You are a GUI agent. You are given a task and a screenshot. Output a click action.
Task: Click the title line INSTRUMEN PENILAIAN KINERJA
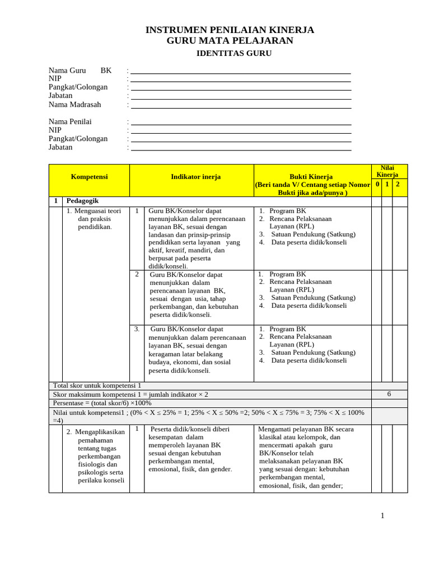coord(230,30)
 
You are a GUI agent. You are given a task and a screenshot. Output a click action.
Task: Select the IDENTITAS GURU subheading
coord(233,53)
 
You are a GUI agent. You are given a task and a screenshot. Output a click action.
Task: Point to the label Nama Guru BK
coord(80,71)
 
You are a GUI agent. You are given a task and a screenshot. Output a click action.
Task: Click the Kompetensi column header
coord(89,177)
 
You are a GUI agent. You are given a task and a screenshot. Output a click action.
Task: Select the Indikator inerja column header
coord(195,177)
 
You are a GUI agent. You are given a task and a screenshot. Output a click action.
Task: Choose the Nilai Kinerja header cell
coord(387,171)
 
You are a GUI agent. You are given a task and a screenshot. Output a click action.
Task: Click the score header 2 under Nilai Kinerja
coord(398,184)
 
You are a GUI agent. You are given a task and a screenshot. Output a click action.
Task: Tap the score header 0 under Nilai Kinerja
coord(377,184)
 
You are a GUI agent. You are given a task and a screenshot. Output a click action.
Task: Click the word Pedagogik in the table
coord(82,200)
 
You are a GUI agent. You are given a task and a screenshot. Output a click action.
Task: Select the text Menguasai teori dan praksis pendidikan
coord(94,219)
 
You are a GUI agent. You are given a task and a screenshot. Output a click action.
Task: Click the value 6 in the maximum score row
coord(389,394)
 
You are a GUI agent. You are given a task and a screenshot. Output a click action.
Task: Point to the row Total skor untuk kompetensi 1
coord(97,386)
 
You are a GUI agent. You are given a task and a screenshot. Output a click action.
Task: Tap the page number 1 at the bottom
coord(382,515)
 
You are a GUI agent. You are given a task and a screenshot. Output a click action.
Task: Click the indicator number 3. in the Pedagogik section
coord(137,329)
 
